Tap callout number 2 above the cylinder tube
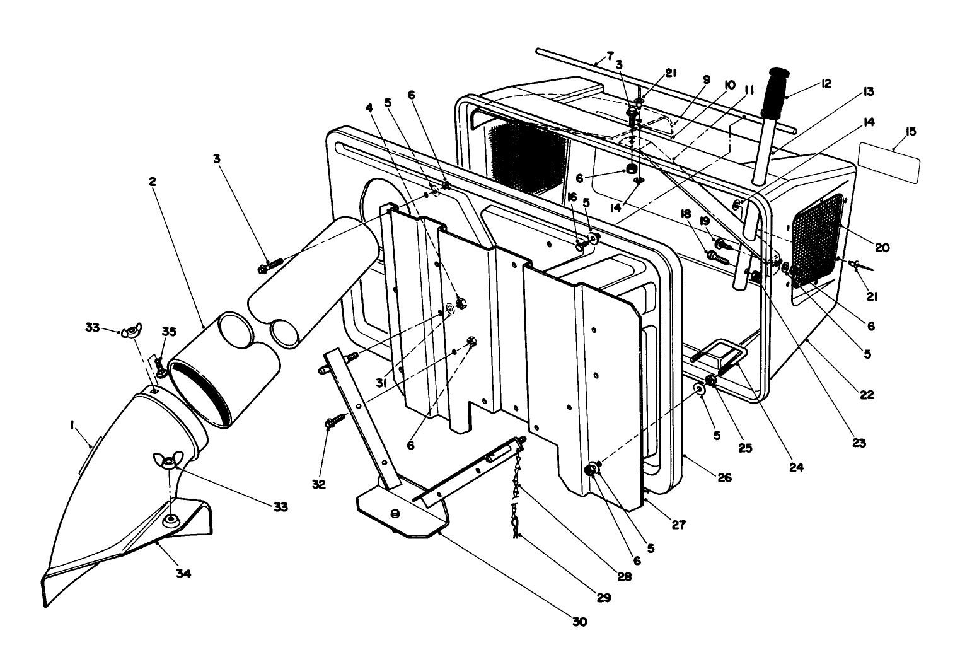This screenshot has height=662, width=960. point(153,181)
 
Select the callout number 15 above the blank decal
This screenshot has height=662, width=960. point(910,132)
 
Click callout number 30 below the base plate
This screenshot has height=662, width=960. point(579,622)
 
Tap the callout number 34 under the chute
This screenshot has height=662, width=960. point(183,574)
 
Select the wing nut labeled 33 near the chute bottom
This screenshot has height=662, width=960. point(169,461)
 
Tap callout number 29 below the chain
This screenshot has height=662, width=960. point(603,598)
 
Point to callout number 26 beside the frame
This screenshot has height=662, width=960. point(724,478)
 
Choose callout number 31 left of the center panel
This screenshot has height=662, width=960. point(382,383)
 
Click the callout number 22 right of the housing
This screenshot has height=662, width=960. point(867,395)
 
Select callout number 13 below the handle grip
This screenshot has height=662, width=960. point(869,92)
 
